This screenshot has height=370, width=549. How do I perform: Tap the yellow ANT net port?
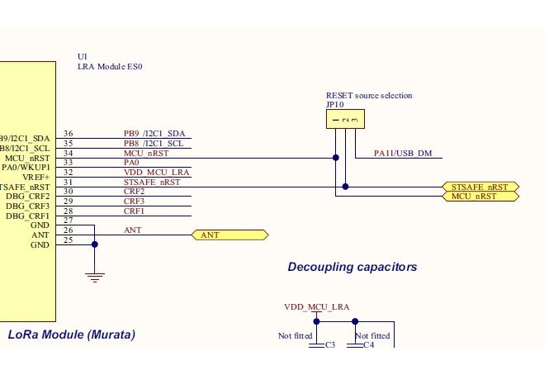(x=230, y=235)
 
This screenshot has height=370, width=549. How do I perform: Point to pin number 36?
(x=68, y=134)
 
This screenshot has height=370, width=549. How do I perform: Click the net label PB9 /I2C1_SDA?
(x=154, y=134)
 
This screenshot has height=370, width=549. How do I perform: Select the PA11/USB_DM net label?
(x=401, y=153)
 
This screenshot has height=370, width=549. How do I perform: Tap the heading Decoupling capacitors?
(x=352, y=267)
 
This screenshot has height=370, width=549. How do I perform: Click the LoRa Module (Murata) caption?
(x=71, y=334)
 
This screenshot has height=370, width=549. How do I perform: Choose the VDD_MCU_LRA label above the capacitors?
(x=316, y=306)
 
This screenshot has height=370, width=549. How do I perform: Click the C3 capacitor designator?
(x=329, y=345)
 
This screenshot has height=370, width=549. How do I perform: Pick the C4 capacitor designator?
(x=368, y=345)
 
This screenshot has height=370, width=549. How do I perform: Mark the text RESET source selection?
(x=369, y=96)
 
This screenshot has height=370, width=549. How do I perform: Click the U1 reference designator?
(x=82, y=56)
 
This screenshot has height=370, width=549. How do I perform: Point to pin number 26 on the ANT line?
(x=68, y=230)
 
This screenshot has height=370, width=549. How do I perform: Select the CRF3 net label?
(x=134, y=201)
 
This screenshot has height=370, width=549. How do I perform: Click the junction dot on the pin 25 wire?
(x=96, y=244)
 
